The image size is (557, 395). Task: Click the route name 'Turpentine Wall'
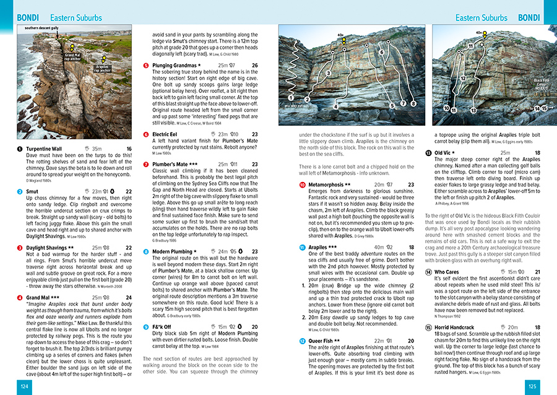43,149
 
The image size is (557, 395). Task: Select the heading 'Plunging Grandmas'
173,65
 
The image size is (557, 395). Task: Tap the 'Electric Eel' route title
165,134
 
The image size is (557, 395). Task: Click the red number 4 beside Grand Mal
20,298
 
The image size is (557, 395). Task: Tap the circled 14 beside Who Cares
428,272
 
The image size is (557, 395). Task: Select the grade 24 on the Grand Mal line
128,298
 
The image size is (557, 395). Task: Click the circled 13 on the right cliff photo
473,110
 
